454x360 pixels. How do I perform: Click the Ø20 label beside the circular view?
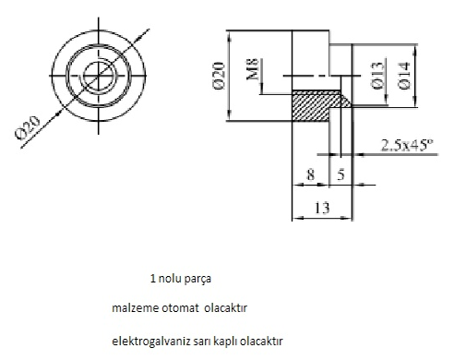point(28,127)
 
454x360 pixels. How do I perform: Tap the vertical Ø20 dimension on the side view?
point(219,76)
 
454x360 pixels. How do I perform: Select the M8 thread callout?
point(253,69)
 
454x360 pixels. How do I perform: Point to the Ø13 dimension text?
point(378,76)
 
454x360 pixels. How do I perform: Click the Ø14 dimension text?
point(404,76)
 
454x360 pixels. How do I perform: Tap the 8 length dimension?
point(311,175)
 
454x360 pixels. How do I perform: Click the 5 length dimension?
point(340,174)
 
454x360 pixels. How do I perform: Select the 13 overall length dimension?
point(322,208)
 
